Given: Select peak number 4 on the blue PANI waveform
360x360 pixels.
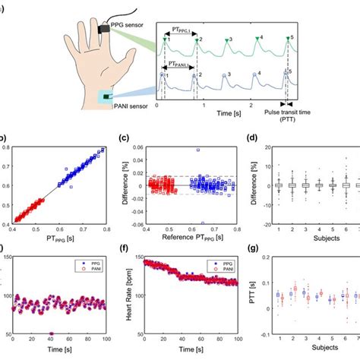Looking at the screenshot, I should [x=255, y=74].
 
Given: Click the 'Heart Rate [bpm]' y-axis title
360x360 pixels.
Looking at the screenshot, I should [x=132, y=294].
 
